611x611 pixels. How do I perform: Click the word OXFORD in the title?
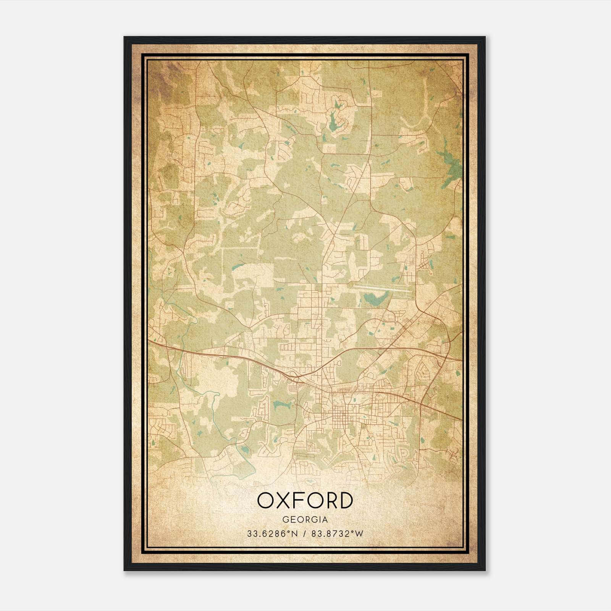pos(304,500)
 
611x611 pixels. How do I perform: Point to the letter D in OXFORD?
pos(344,500)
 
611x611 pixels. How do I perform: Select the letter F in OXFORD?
pos(300,500)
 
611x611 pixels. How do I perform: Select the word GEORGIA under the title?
pos(305,520)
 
